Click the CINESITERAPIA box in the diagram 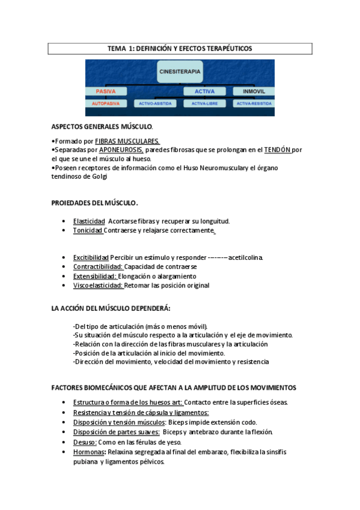point(180,72)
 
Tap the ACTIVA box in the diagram point(204,91)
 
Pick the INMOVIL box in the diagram point(254,91)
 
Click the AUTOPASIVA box point(106,103)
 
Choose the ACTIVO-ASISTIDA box point(155,103)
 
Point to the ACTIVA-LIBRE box point(204,103)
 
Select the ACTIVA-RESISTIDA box point(254,103)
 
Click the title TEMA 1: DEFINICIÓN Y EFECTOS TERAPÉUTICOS point(180,48)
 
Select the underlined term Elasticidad point(89,221)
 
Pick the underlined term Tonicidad point(88,231)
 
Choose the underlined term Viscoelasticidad point(98,286)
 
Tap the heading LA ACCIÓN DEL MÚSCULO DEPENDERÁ point(111,309)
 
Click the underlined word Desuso point(85,442)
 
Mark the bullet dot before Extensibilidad point(64,277)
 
